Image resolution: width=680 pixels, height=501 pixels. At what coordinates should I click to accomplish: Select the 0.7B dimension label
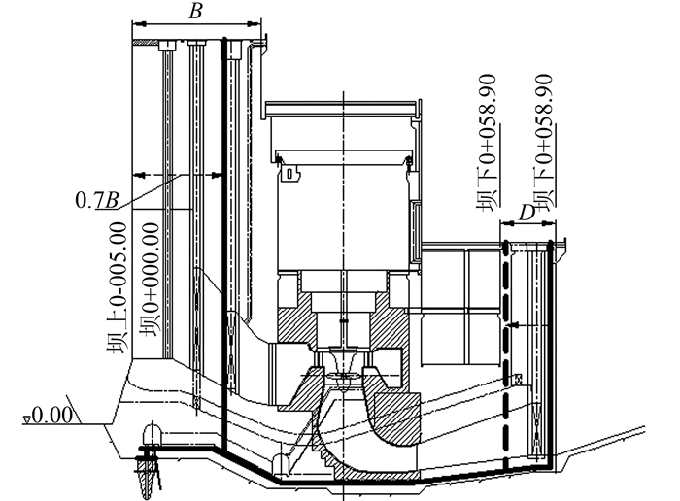98,201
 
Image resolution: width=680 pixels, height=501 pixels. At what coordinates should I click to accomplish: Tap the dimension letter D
527,212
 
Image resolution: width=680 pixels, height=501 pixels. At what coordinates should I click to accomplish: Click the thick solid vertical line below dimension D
550,359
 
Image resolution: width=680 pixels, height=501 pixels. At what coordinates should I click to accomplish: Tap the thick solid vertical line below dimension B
224,243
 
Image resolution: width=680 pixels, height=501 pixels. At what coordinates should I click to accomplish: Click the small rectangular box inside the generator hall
289,175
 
